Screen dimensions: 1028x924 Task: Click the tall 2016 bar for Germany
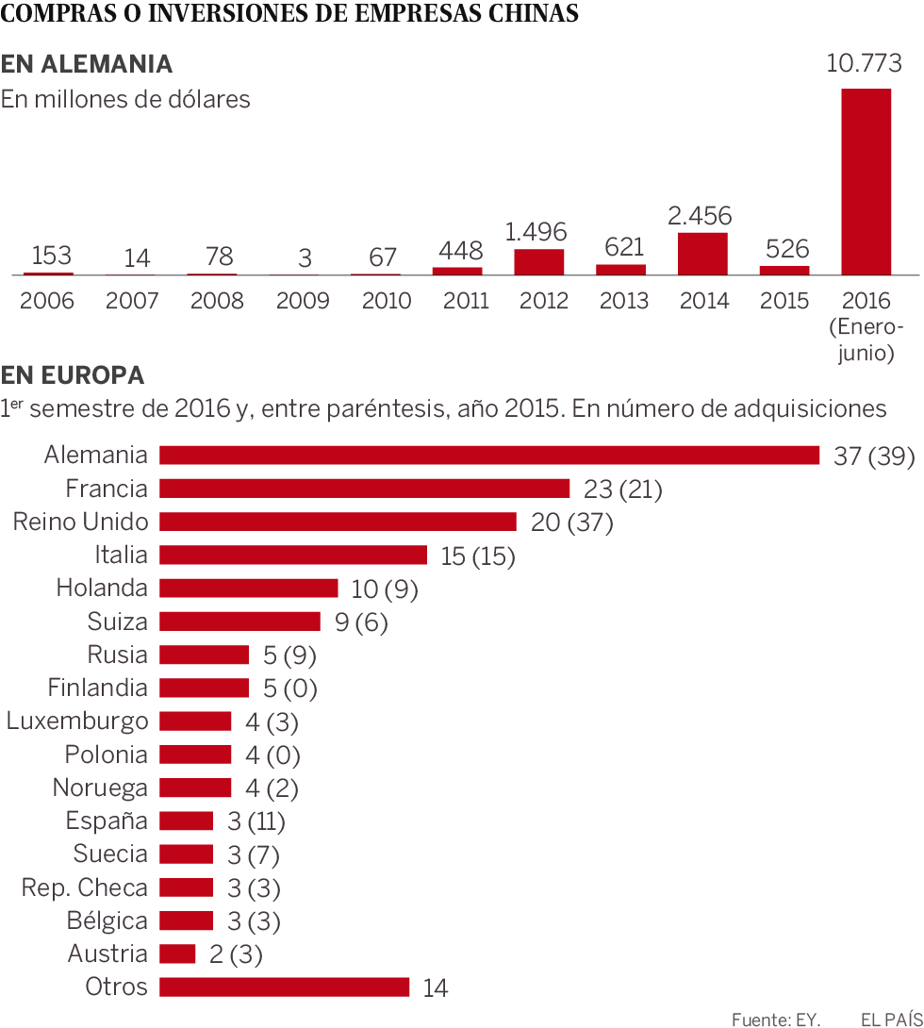pyautogui.click(x=866, y=181)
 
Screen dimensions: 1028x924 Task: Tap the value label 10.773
pyautogui.click(x=864, y=64)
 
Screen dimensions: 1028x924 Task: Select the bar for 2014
pyautogui.click(x=702, y=254)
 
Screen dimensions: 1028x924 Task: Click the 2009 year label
pyautogui.click(x=303, y=301)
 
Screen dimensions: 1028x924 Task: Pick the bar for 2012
pyautogui.click(x=538, y=262)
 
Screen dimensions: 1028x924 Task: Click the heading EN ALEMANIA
pyautogui.click(x=87, y=64)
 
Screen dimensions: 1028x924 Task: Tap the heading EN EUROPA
pyautogui.click(x=73, y=375)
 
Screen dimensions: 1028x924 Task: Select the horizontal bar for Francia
pyautogui.click(x=364, y=489)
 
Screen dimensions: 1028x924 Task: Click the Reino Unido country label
pyautogui.click(x=80, y=522)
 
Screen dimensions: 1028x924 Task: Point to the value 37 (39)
pyautogui.click(x=874, y=456)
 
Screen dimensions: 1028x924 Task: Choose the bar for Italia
pyautogui.click(x=292, y=555)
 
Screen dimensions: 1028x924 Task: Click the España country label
pyautogui.click(x=107, y=821)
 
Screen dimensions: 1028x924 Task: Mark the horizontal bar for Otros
pyautogui.click(x=284, y=987)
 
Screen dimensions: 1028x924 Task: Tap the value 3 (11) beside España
pyautogui.click(x=256, y=821)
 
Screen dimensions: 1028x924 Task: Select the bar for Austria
pyautogui.click(x=177, y=953)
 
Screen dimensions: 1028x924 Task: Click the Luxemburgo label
pyautogui.click(x=77, y=721)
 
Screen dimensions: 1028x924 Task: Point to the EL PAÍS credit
pyautogui.click(x=890, y=1019)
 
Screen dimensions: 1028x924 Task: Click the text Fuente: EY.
pyautogui.click(x=776, y=1019)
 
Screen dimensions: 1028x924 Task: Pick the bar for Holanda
pyautogui.click(x=248, y=588)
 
